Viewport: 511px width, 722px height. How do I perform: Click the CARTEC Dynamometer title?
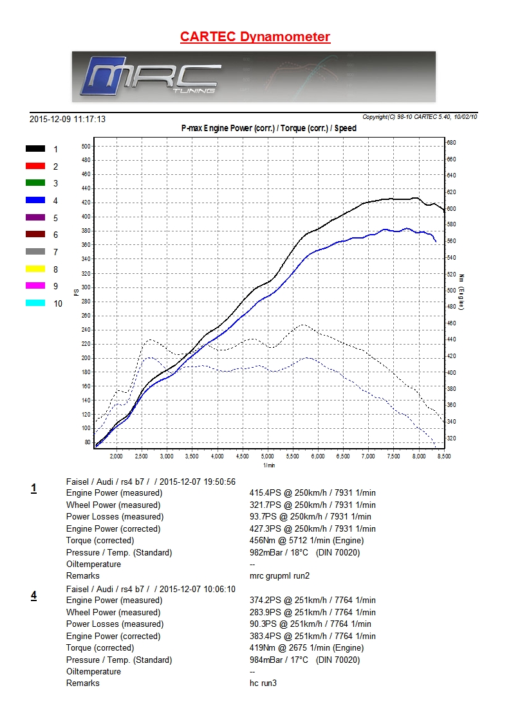point(256,37)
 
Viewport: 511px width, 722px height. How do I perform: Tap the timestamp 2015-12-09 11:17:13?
point(68,119)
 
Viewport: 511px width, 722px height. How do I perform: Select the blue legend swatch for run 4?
point(35,201)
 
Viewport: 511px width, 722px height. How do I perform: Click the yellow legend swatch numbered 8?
point(35,269)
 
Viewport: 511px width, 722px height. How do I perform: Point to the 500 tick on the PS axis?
point(86,146)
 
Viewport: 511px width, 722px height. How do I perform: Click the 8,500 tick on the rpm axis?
point(443,456)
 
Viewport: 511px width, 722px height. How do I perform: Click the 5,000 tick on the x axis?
point(268,456)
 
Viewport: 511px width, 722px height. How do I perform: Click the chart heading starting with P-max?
point(269,128)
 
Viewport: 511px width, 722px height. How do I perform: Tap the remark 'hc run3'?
point(263,683)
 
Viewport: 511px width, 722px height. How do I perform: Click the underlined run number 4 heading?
point(33,596)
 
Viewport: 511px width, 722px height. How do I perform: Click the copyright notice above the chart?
point(420,117)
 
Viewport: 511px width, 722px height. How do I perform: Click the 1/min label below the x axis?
point(269,465)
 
